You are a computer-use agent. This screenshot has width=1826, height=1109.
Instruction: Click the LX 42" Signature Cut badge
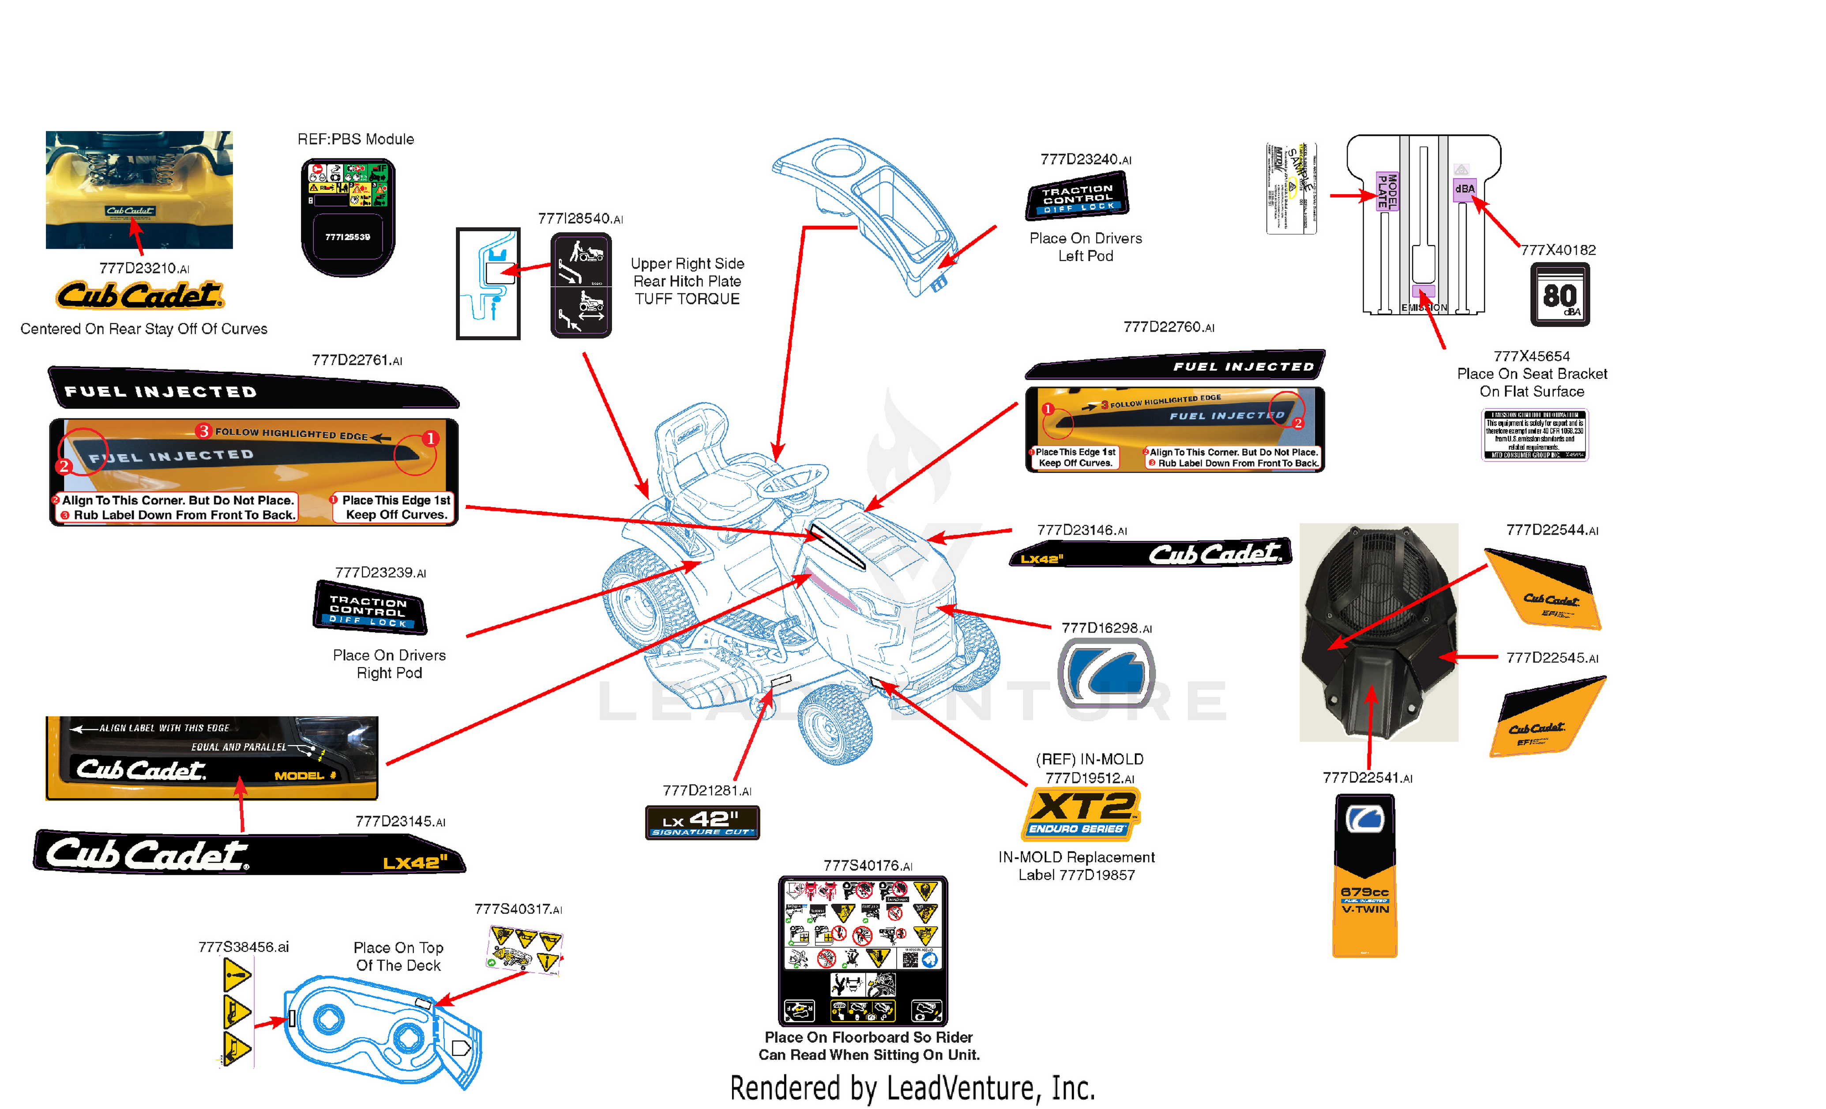coord(702,822)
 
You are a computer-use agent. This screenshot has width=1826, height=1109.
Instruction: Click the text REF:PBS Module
coord(356,139)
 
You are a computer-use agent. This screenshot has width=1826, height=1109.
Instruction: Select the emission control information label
coord(1534,435)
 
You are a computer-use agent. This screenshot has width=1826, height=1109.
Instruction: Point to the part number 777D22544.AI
coord(1552,530)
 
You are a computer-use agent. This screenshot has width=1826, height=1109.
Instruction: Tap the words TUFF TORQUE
coord(687,299)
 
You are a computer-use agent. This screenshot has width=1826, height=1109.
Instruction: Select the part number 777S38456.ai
coord(243,947)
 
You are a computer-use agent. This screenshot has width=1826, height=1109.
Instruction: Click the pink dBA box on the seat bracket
coord(1464,189)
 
